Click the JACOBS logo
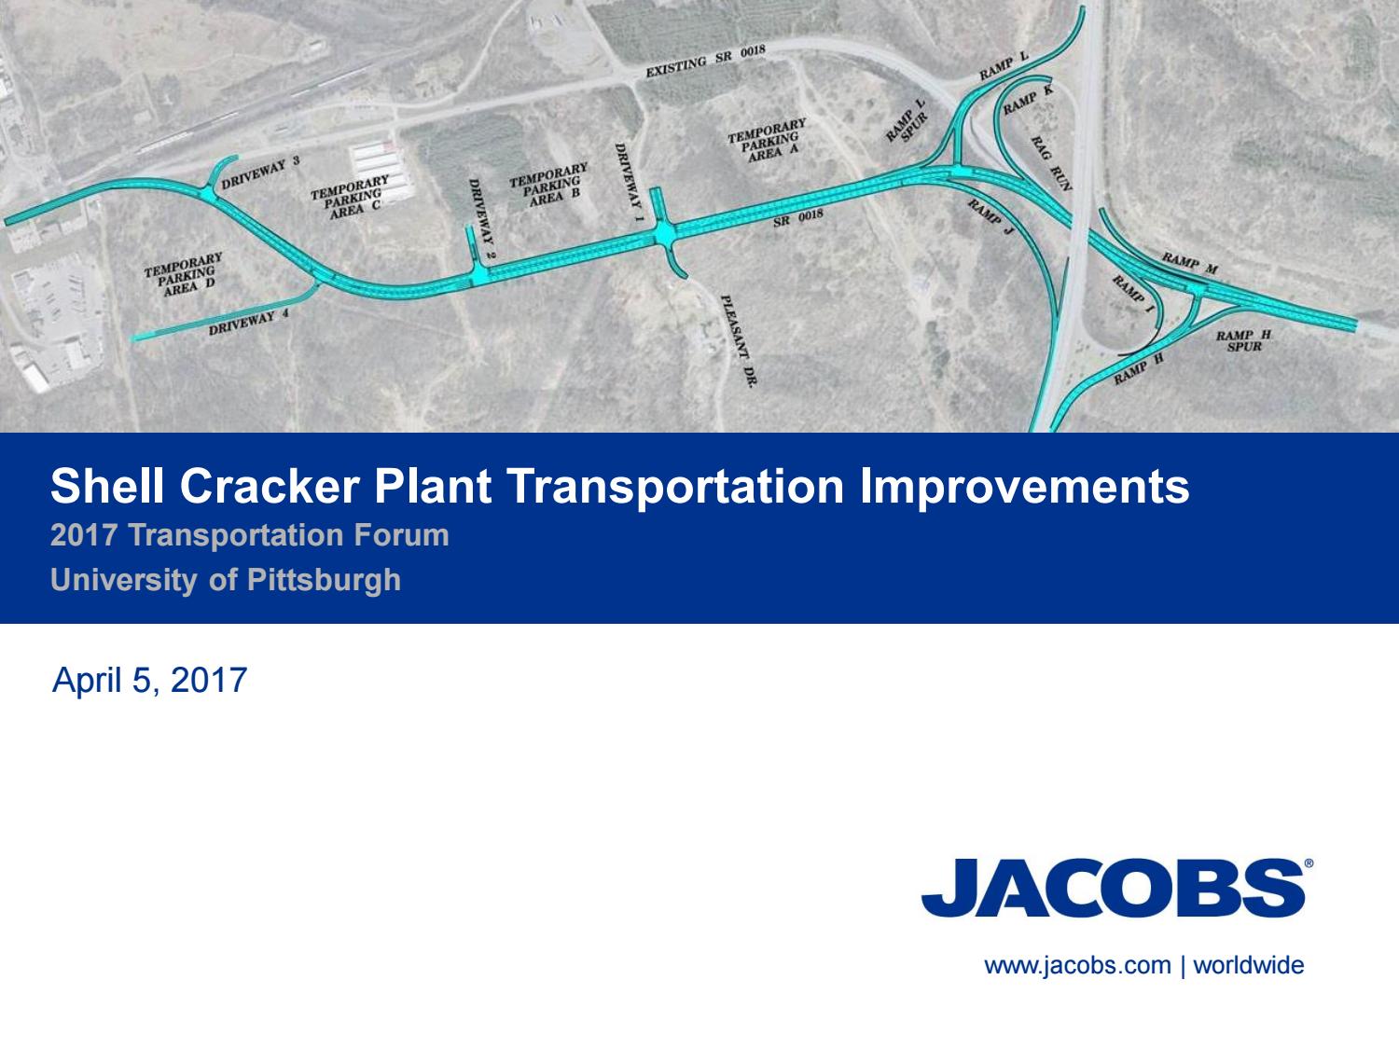point(1114,887)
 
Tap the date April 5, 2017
point(150,680)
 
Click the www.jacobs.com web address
point(1077,965)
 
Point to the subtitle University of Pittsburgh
point(226,580)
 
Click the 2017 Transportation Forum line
point(250,535)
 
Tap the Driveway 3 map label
point(260,173)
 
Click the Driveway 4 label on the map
point(249,323)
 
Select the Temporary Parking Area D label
point(185,273)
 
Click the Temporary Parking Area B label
point(548,186)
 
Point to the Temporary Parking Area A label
point(767,141)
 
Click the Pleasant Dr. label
point(737,340)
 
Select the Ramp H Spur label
point(1243,340)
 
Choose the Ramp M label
point(1189,262)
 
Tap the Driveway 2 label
point(478,219)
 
